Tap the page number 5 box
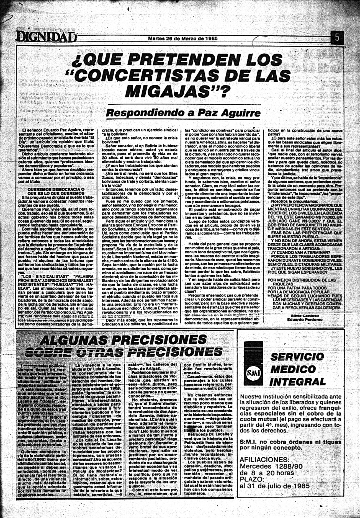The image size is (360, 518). pos(337,37)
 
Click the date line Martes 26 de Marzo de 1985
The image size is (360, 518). pos(183,39)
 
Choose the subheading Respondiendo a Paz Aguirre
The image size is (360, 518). pos(183,113)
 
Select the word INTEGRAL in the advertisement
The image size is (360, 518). pos(297,382)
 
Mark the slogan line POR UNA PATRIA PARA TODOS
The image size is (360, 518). pos(297,288)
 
